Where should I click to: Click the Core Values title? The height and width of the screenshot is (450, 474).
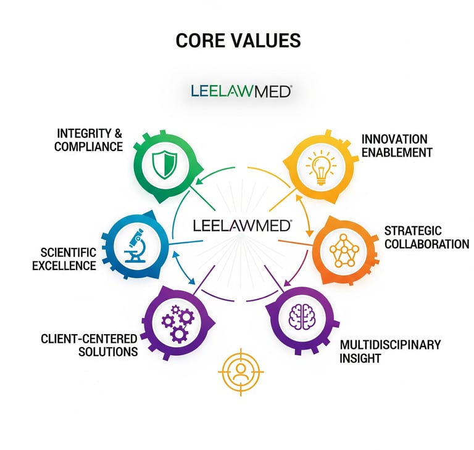tap(238, 41)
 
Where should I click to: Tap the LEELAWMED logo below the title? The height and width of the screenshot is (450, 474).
tap(241, 92)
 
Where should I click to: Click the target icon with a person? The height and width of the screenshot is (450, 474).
tap(241, 372)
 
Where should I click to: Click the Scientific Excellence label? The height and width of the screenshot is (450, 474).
tap(68, 259)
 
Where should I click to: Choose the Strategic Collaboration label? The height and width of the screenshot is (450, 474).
tap(426, 237)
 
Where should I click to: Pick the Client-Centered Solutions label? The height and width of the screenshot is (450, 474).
tap(89, 345)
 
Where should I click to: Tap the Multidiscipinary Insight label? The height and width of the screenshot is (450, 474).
tap(390, 351)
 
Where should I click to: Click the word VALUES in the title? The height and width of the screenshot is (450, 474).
tap(267, 41)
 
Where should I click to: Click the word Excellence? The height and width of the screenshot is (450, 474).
tap(68, 266)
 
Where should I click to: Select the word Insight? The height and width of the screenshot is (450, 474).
tap(360, 358)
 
